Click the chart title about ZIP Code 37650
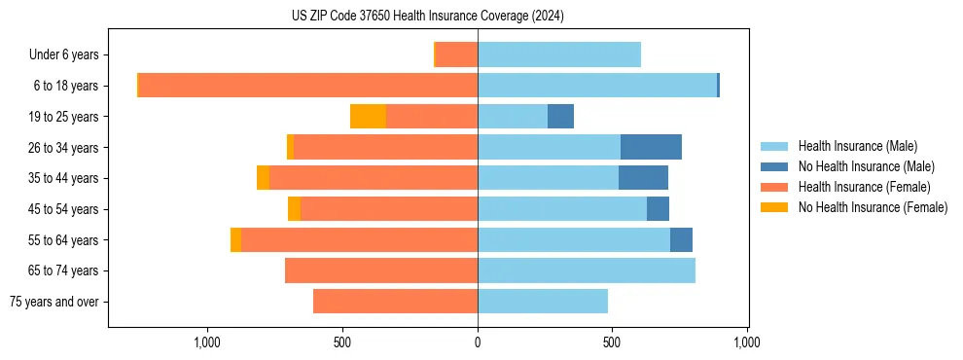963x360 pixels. click(x=428, y=17)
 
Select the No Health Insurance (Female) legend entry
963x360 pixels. click(x=873, y=207)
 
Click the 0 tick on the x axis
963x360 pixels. click(x=478, y=342)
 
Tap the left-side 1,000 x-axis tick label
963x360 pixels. click(x=207, y=342)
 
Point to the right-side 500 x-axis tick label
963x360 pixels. click(x=612, y=342)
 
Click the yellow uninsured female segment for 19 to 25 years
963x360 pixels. click(x=368, y=117)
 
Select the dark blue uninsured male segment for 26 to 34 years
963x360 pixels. click(x=651, y=147)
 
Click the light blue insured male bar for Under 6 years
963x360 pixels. click(x=559, y=55)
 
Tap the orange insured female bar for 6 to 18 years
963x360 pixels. click(x=308, y=86)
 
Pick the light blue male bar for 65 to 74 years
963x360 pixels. click(x=587, y=270)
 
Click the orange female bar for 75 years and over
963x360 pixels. click(x=395, y=302)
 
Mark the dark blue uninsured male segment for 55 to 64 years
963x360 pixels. click(x=681, y=239)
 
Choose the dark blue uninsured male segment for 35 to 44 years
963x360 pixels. click(x=643, y=178)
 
